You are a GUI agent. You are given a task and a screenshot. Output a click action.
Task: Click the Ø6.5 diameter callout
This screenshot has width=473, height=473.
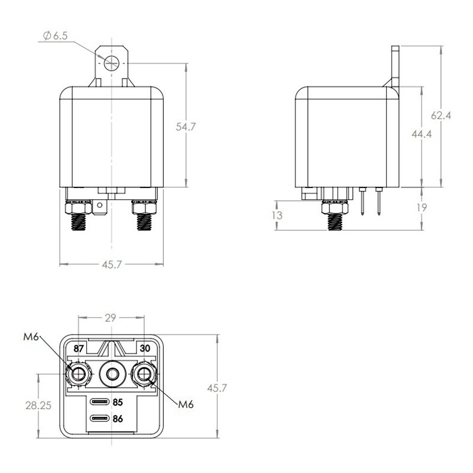[56, 35]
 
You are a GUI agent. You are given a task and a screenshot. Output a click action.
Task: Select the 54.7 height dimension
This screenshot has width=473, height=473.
[186, 127]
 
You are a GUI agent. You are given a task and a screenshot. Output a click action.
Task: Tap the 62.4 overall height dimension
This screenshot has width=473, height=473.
[440, 115]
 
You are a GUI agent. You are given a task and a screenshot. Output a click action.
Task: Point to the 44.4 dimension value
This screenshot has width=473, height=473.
[422, 134]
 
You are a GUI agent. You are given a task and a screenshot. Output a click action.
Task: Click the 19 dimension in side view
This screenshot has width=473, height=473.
[422, 208]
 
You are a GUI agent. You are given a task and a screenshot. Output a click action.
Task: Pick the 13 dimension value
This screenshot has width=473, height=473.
[277, 215]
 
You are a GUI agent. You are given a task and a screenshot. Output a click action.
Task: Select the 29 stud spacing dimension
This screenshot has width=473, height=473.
[110, 318]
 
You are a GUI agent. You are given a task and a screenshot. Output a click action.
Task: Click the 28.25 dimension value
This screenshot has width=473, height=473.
[38, 405]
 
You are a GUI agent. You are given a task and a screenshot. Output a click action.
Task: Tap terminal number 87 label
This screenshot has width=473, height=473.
[79, 348]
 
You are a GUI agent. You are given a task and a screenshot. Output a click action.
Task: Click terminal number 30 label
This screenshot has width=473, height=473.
[145, 348]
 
